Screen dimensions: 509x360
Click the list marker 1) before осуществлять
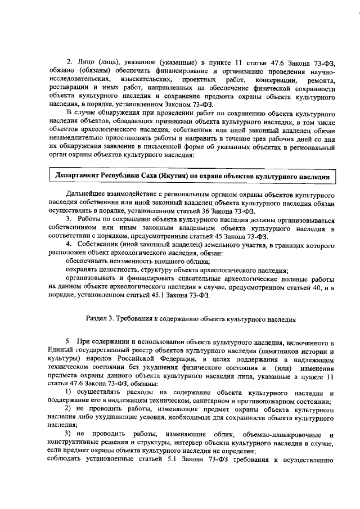tap(69, 391)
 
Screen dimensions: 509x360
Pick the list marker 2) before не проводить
tap(69, 408)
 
